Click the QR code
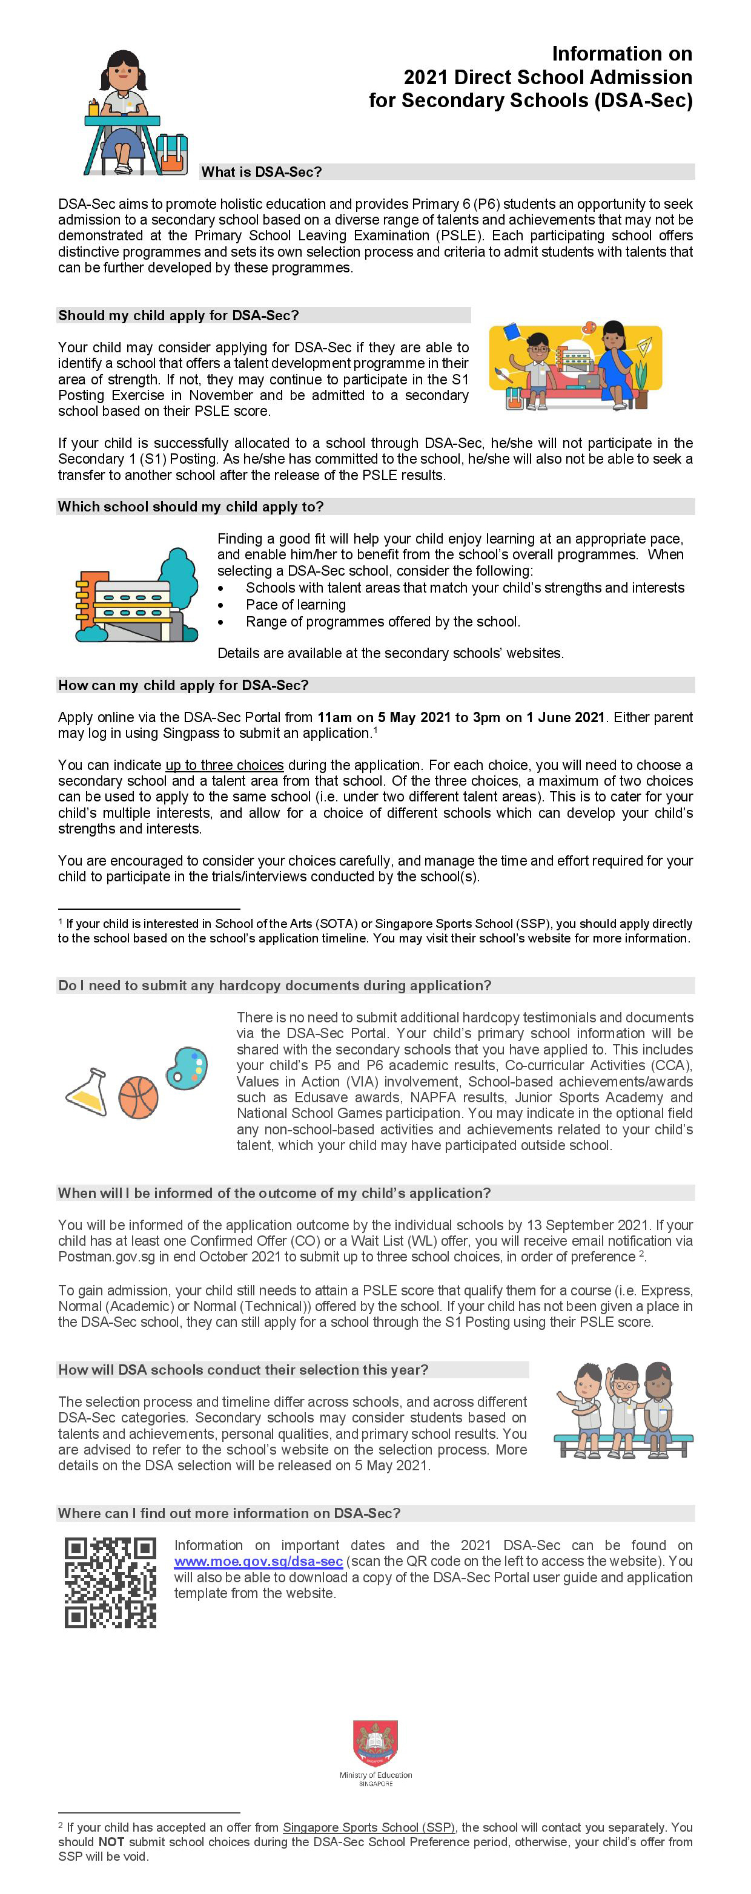(x=110, y=1583)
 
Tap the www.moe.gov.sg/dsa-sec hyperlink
(x=258, y=1561)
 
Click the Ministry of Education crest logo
(x=375, y=1743)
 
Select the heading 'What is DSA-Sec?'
(x=262, y=172)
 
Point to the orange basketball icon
(x=138, y=1098)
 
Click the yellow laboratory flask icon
(x=87, y=1092)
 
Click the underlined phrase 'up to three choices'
(x=224, y=765)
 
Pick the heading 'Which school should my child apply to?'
(x=191, y=507)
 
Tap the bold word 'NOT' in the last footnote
(x=111, y=1842)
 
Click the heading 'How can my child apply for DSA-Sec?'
(x=183, y=685)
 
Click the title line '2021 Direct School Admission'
(x=548, y=77)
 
